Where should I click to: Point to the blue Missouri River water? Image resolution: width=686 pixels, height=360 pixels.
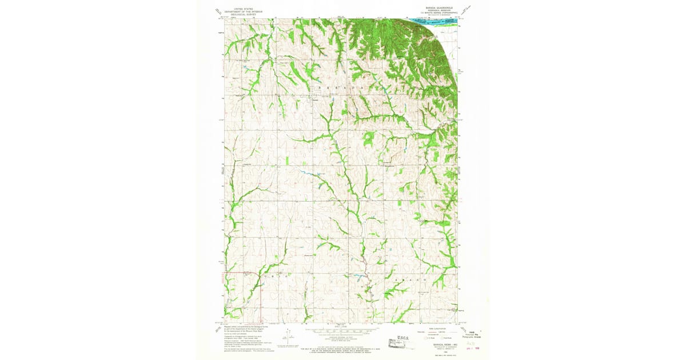[x=434, y=22]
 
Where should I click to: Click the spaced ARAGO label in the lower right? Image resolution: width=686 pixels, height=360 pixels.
[x=409, y=281]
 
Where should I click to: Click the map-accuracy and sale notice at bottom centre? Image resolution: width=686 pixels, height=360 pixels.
[x=343, y=347]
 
